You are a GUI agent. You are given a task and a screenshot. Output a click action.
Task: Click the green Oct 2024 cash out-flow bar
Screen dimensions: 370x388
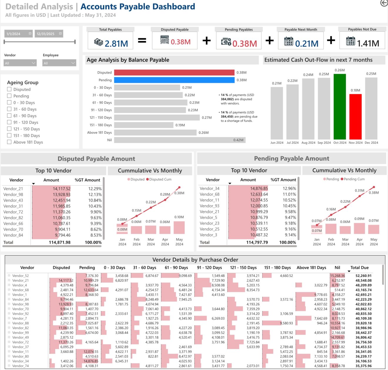(x=339, y=106)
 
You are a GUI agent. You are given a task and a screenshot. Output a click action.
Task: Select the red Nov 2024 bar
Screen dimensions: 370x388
(x=355, y=117)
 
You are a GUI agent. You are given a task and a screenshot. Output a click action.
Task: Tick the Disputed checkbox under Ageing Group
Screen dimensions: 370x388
(x=9, y=89)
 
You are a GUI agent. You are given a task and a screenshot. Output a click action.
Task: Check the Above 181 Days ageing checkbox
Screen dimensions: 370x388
(x=9, y=142)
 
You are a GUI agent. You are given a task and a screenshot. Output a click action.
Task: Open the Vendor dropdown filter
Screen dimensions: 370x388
(x=20, y=63)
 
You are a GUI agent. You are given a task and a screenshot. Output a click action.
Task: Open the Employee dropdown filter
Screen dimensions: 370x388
(x=59, y=63)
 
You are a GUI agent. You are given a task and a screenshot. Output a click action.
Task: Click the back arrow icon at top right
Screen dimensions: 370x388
(x=384, y=3)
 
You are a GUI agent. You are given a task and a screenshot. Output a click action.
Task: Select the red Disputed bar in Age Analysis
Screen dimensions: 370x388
(x=174, y=73)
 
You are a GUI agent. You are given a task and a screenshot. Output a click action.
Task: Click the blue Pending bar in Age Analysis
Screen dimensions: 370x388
(x=174, y=80)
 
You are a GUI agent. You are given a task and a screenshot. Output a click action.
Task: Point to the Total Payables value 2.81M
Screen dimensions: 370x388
(x=116, y=44)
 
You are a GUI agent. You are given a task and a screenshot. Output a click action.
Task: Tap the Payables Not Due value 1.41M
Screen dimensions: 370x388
(x=368, y=43)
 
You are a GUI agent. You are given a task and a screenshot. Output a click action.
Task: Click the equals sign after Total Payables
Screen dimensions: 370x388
(x=142, y=41)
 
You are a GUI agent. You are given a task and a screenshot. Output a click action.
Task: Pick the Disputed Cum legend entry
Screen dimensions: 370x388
(x=158, y=179)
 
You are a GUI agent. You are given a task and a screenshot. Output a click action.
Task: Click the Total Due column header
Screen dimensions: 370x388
(x=359, y=268)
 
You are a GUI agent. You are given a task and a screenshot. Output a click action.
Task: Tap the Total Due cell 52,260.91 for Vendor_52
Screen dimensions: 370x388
(x=363, y=276)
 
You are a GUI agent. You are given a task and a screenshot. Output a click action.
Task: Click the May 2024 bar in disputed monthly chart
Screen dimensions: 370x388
(x=179, y=228)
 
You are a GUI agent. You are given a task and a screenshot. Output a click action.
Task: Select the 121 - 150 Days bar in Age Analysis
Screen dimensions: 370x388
(x=157, y=118)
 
